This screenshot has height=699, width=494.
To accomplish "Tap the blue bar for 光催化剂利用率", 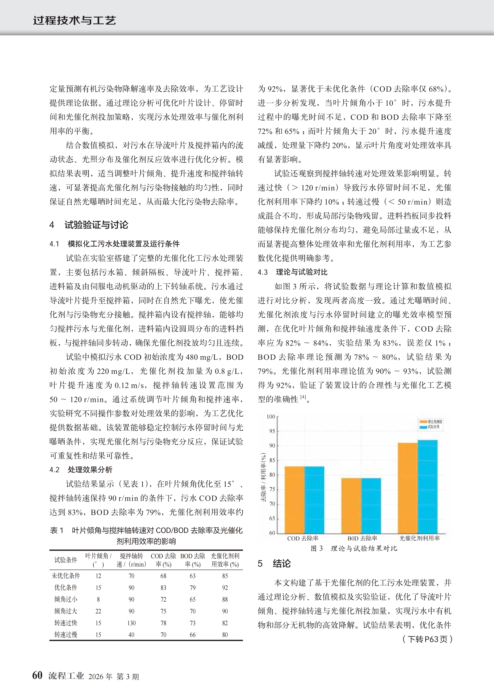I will click(x=428, y=487).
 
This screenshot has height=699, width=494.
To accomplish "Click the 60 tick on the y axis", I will click(x=272, y=533).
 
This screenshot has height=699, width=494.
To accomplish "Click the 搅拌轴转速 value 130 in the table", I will click(x=131, y=623).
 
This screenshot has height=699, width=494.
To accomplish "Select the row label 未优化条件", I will click(x=66, y=576).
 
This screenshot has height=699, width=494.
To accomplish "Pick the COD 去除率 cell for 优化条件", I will click(x=164, y=588).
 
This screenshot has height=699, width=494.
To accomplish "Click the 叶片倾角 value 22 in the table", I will click(x=98, y=611).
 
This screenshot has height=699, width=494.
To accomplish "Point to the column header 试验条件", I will click(x=66, y=560).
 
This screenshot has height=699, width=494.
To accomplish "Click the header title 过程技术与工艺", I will click(x=75, y=20).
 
